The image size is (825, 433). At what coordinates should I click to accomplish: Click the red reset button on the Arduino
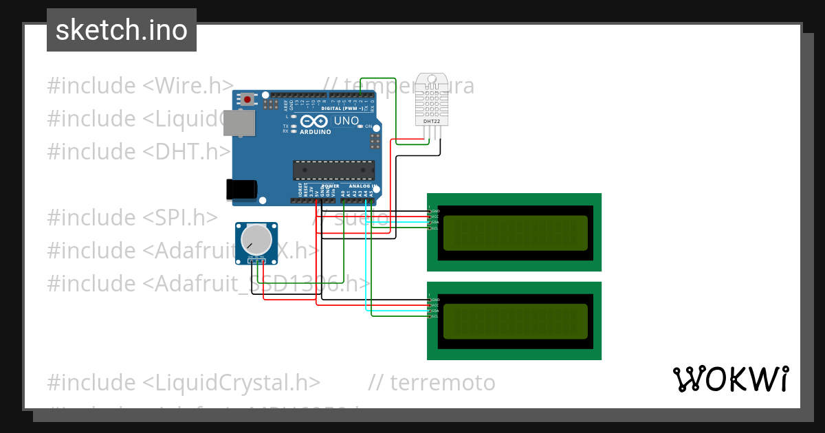click(x=246, y=100)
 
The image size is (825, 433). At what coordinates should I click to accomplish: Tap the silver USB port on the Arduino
click(x=240, y=124)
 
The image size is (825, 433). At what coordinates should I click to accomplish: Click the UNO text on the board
click(x=346, y=121)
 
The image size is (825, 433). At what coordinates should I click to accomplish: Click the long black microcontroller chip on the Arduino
click(x=334, y=170)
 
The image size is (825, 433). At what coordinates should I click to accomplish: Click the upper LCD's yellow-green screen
click(x=516, y=233)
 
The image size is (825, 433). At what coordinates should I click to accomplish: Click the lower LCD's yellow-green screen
click(x=516, y=322)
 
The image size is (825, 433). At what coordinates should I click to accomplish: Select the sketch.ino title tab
click(x=122, y=30)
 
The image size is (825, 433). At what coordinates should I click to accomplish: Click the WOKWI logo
click(x=730, y=379)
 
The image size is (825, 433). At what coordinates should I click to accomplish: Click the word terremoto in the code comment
click(x=443, y=382)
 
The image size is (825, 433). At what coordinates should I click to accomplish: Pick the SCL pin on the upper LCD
click(x=434, y=228)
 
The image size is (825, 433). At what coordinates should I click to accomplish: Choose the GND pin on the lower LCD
click(x=434, y=300)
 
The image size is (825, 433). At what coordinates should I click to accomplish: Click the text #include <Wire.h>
click(x=141, y=86)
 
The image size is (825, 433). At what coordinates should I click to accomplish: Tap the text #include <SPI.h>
click(x=132, y=217)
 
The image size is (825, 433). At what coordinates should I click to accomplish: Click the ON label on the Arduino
click(x=369, y=127)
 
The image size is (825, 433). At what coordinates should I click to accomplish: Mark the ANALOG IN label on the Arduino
click(x=361, y=186)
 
